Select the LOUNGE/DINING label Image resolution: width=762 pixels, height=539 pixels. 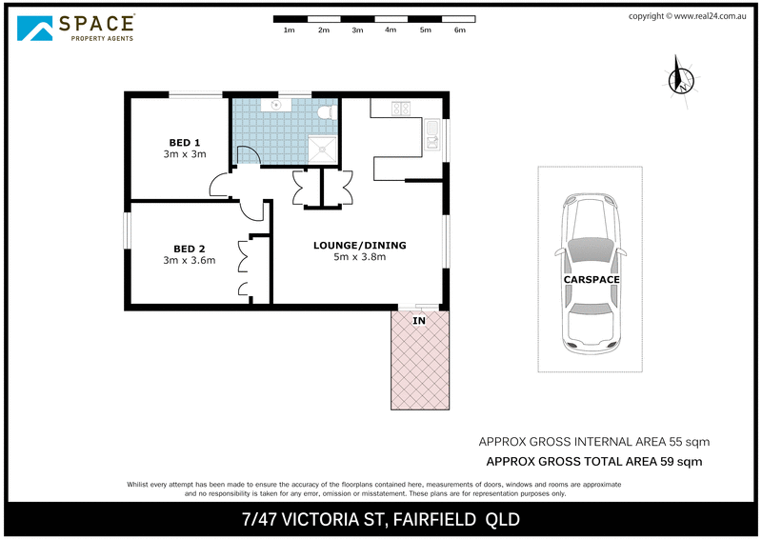[359, 245]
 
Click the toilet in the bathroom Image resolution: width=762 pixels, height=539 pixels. [326, 113]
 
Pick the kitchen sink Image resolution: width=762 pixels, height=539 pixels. [431, 133]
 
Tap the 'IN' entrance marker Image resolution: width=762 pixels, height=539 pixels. [419, 322]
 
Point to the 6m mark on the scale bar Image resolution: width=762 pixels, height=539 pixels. [459, 30]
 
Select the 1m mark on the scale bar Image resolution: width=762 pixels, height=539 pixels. [289, 30]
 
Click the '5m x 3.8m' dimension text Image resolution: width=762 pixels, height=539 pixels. [359, 257]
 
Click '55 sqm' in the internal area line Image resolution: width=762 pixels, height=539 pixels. [688, 442]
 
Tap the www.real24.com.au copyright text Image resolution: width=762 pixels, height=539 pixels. [708, 15]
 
